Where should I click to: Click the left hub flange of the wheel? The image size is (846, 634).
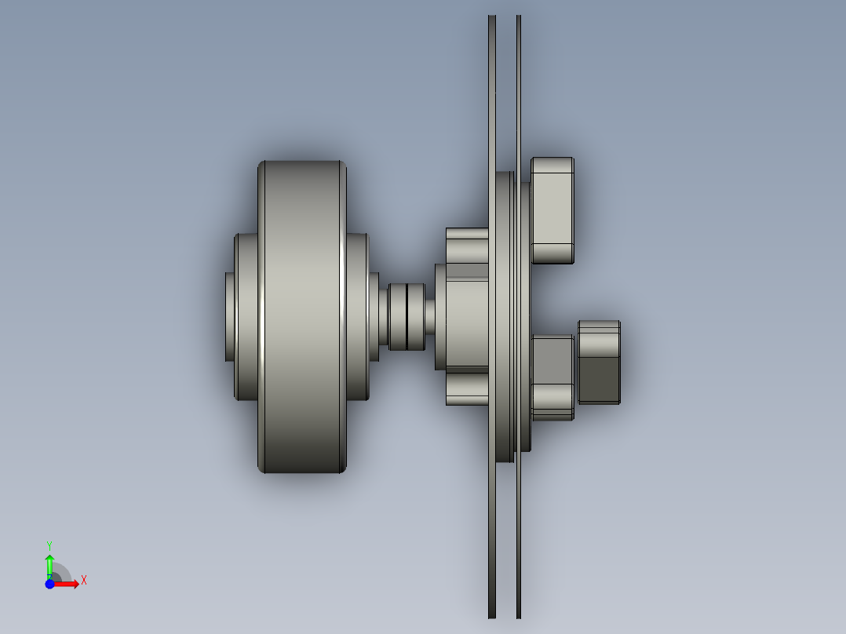(x=247, y=316)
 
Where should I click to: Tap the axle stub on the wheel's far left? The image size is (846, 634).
(x=229, y=316)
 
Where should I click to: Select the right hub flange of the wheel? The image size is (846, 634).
(x=358, y=316)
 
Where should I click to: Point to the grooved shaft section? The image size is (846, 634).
(x=407, y=316)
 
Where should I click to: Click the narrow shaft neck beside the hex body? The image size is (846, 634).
(x=430, y=316)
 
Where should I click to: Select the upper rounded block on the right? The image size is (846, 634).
(x=552, y=210)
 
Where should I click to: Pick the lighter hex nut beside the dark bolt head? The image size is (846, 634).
(x=552, y=377)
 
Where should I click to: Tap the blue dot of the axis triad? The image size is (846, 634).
(x=49, y=584)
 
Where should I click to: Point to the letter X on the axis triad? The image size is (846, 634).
(x=83, y=580)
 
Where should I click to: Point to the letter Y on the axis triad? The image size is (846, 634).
(x=49, y=545)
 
